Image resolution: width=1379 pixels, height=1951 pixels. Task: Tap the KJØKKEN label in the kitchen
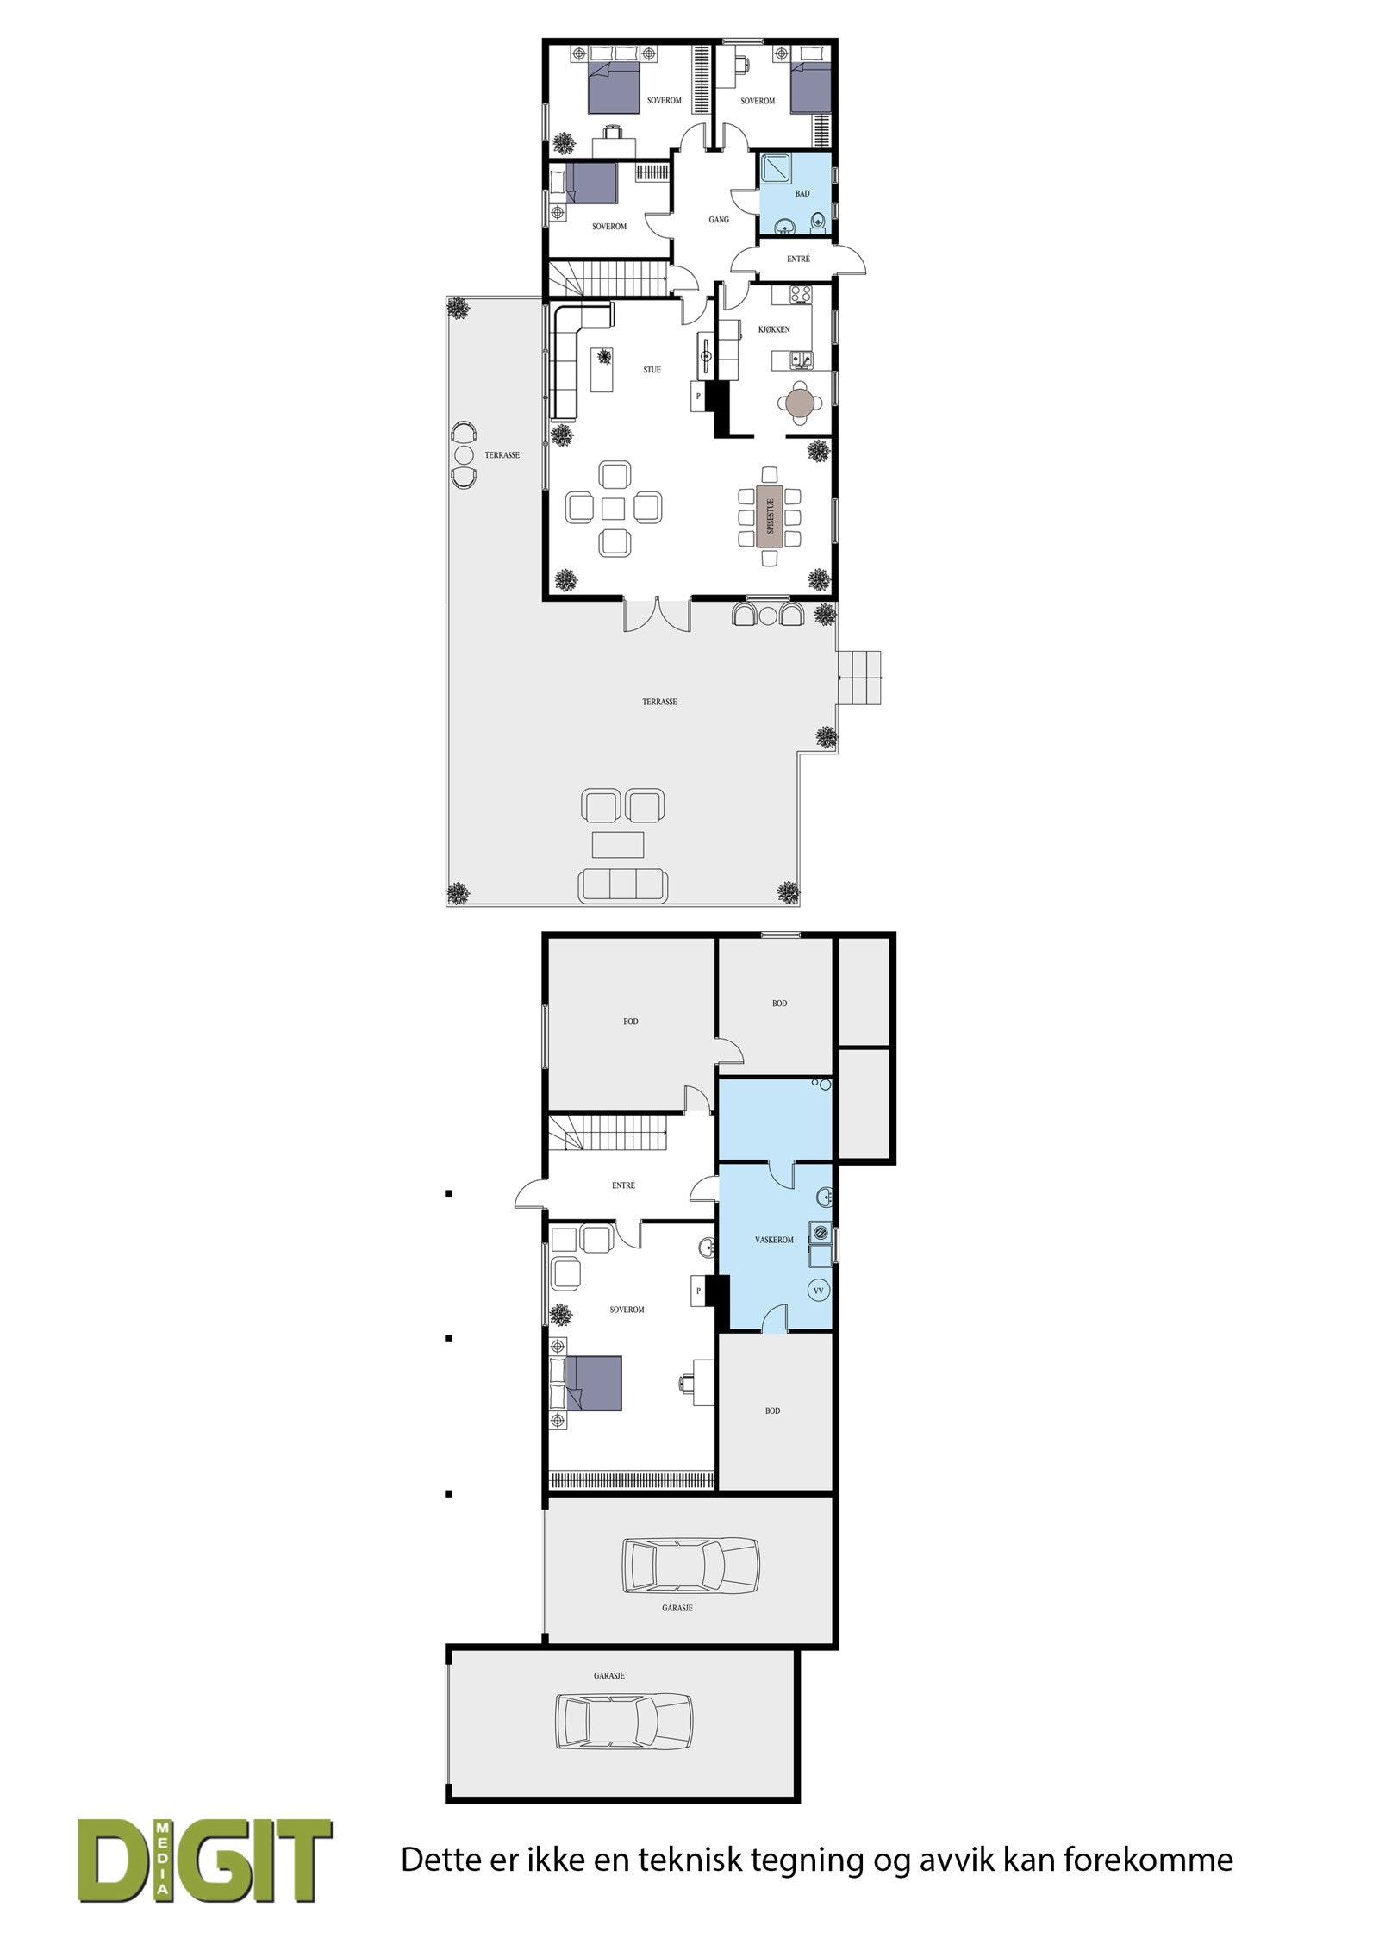pyautogui.click(x=775, y=329)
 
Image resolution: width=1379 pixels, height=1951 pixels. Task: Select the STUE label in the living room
pyautogui.click(x=652, y=370)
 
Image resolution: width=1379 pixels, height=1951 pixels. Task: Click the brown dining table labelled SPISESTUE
pyautogui.click(x=769, y=516)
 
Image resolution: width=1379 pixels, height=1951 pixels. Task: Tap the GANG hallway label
pyautogui.click(x=718, y=220)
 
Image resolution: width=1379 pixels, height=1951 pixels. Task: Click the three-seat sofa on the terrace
pyautogui.click(x=621, y=884)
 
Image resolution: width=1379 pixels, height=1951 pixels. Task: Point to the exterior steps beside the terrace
pyautogui.click(x=862, y=678)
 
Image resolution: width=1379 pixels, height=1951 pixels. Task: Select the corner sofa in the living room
pyautogui.click(x=571, y=355)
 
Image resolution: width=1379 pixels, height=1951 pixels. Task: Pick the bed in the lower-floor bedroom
pyautogui.click(x=586, y=1385)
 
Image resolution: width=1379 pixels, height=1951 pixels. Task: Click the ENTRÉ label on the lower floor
pyautogui.click(x=623, y=1185)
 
